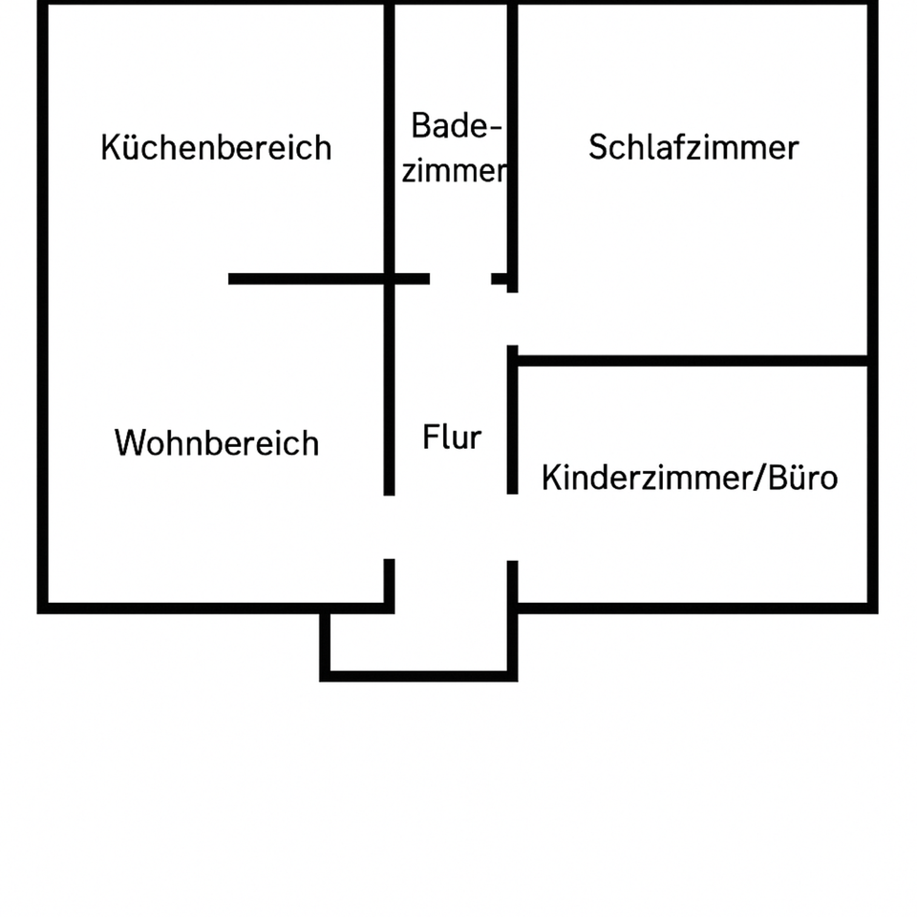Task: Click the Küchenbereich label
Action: pyautogui.click(x=216, y=148)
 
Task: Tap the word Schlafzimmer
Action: pyautogui.click(x=693, y=148)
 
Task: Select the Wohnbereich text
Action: pyautogui.click(x=217, y=444)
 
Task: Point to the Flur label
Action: pyautogui.click(x=452, y=438)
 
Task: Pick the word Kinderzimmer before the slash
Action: pyautogui.click(x=647, y=477)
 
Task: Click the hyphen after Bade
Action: pyautogui.click(x=495, y=128)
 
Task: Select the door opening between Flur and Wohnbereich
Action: pyautogui.click(x=389, y=526)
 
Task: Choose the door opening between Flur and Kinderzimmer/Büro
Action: pyautogui.click(x=512, y=526)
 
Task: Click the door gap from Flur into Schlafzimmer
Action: pyautogui.click(x=512, y=319)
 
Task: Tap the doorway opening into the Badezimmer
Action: pyautogui.click(x=460, y=279)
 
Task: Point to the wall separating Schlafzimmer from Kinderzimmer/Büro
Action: pyautogui.click(x=693, y=361)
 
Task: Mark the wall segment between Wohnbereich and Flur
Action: pyautogui.click(x=389, y=392)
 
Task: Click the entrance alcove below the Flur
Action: pyautogui.click(x=420, y=642)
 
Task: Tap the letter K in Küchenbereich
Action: pyautogui.click(x=110, y=148)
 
